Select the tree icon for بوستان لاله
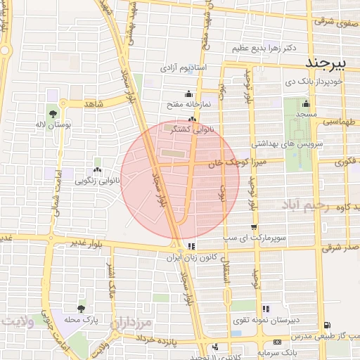[x=53, y=113]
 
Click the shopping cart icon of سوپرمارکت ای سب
[x=253, y=227]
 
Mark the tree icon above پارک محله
[x=82, y=309]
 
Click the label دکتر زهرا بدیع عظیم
[x=264, y=49]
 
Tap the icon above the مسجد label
[x=306, y=105]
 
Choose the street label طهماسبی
[x=338, y=122]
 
